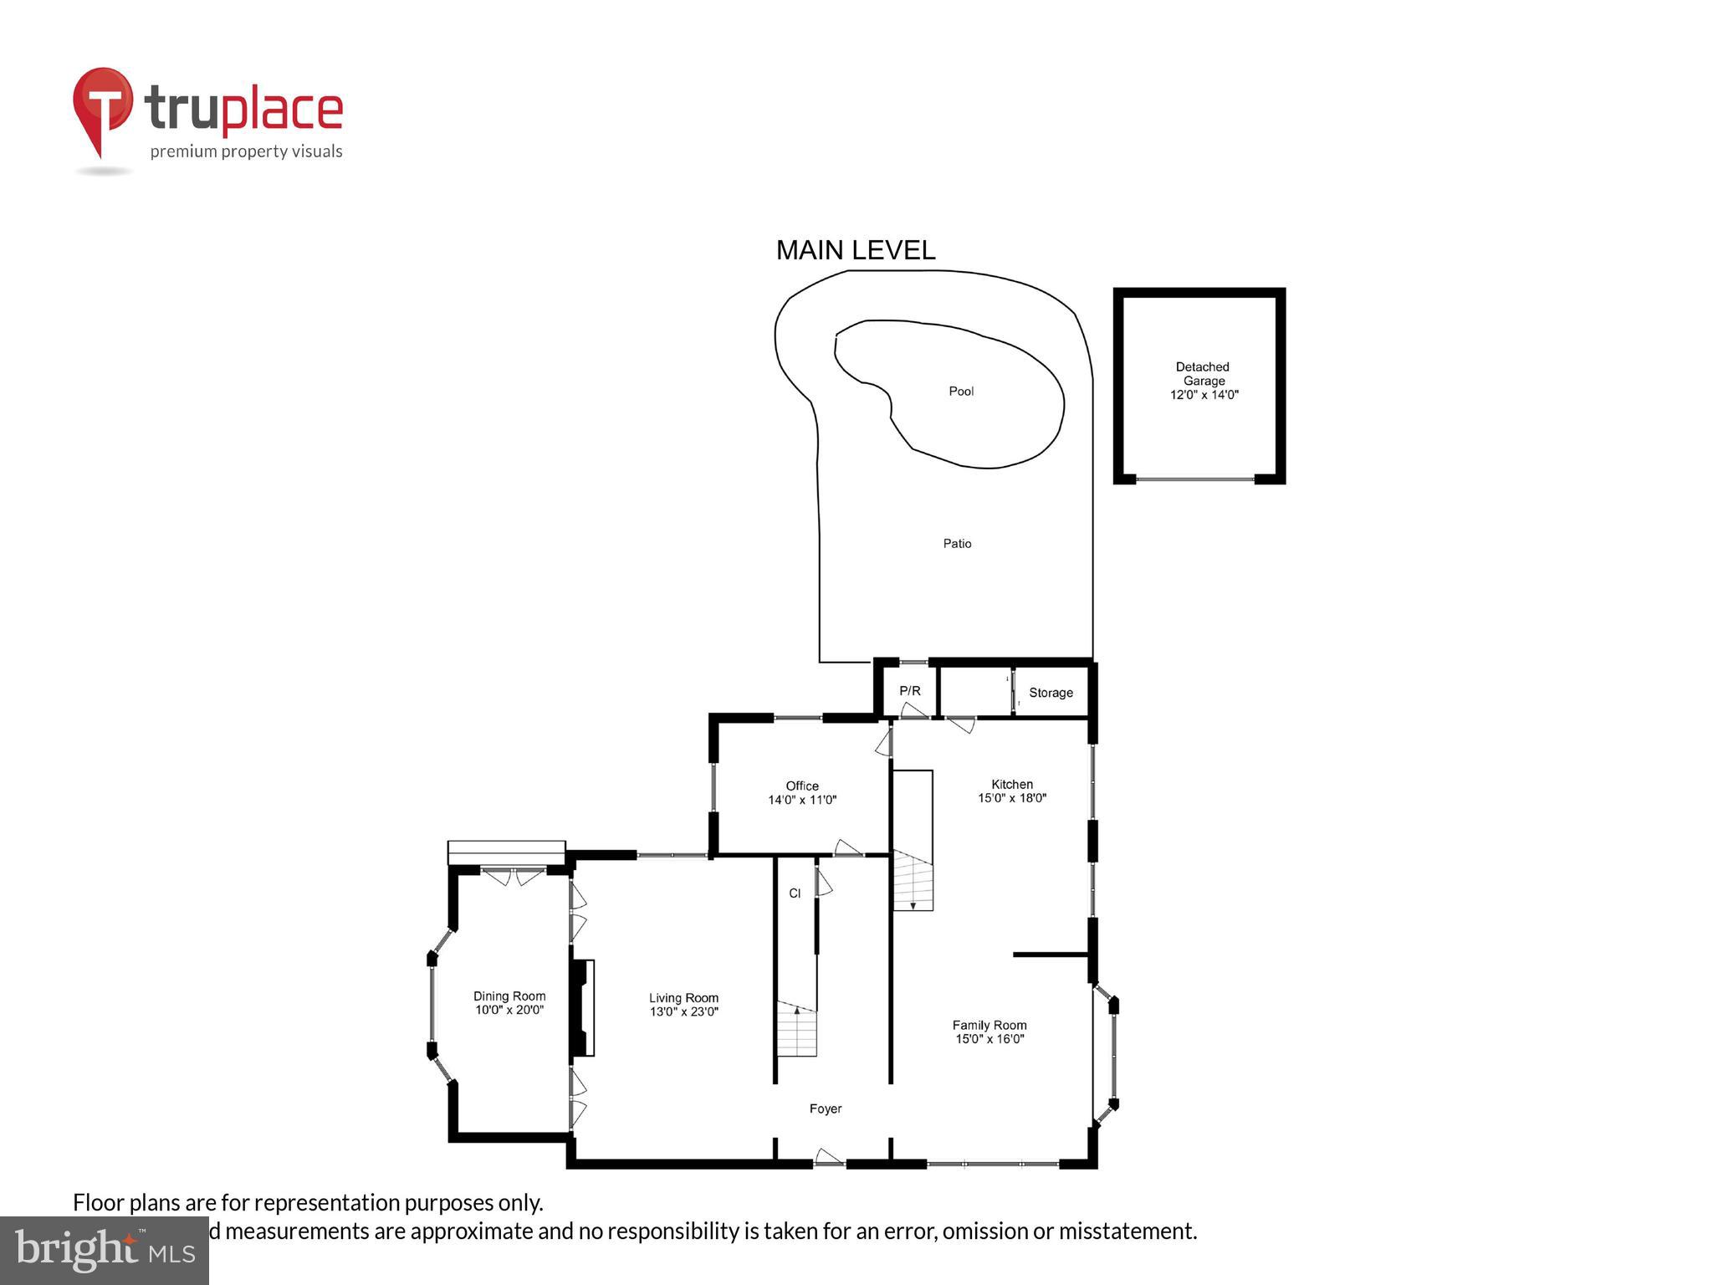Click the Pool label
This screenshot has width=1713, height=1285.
961,392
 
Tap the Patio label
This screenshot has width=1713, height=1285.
957,544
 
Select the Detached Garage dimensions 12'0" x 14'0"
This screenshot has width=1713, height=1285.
1204,395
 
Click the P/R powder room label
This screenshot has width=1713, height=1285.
909,691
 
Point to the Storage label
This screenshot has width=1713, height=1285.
1051,693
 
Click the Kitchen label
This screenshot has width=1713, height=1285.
1012,784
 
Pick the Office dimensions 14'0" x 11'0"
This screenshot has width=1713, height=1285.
802,800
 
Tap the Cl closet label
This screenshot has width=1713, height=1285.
795,893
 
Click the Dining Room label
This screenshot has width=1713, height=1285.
509,996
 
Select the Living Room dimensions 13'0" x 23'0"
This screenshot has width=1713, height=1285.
684,1011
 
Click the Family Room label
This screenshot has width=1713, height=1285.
989,1025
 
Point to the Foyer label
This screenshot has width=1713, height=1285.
826,1108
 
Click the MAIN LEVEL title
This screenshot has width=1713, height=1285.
856,250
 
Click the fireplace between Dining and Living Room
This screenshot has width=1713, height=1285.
583,1007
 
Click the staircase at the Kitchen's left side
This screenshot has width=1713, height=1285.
913,880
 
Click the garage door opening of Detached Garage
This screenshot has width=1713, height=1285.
1194,479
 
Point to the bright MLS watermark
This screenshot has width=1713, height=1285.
105,1250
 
